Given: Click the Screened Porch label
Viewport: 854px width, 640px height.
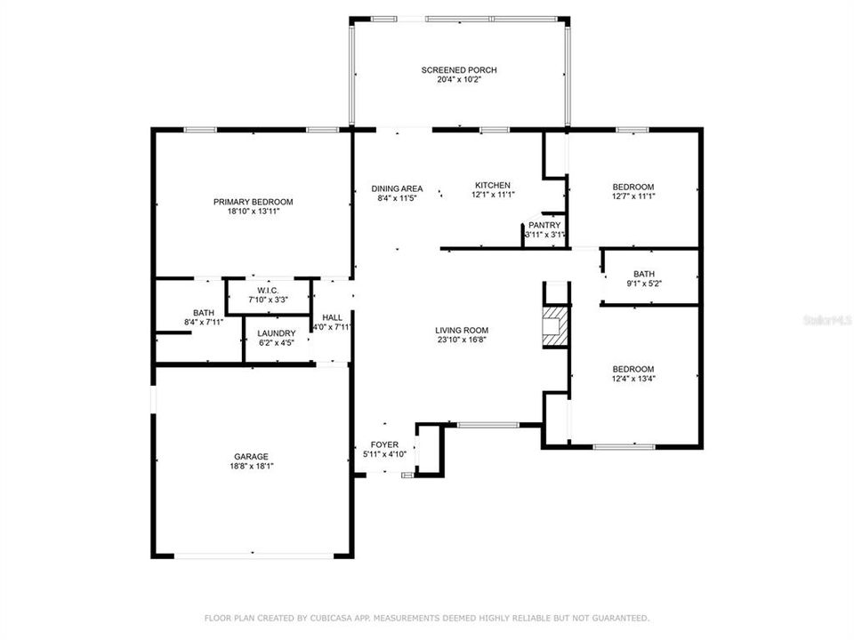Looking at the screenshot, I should pyautogui.click(x=459, y=70).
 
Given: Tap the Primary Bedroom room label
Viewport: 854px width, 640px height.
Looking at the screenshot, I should pyautogui.click(x=253, y=202).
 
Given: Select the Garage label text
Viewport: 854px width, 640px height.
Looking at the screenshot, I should pyautogui.click(x=252, y=456).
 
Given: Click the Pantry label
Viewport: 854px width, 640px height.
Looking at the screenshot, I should pyautogui.click(x=544, y=226).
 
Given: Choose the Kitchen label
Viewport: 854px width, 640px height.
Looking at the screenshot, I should pyautogui.click(x=492, y=185).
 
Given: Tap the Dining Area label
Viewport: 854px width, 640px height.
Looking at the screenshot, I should pyautogui.click(x=397, y=188).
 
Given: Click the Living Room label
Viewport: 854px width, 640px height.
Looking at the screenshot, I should pyautogui.click(x=461, y=329).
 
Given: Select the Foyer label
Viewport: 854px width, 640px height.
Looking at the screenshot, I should pyautogui.click(x=384, y=444).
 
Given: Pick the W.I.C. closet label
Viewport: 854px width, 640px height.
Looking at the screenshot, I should pyautogui.click(x=268, y=290).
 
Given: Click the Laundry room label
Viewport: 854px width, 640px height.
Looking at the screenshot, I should pyautogui.click(x=276, y=333).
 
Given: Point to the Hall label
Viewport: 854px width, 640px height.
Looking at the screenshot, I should pyautogui.click(x=332, y=317).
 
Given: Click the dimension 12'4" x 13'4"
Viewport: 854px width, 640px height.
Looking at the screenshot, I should pyautogui.click(x=632, y=379).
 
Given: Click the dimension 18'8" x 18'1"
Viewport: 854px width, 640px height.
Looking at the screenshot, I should pyautogui.click(x=252, y=466).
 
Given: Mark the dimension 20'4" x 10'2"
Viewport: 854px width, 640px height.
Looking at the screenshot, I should pyautogui.click(x=459, y=80).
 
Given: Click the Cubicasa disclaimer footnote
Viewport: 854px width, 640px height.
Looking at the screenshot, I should pyautogui.click(x=427, y=618).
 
